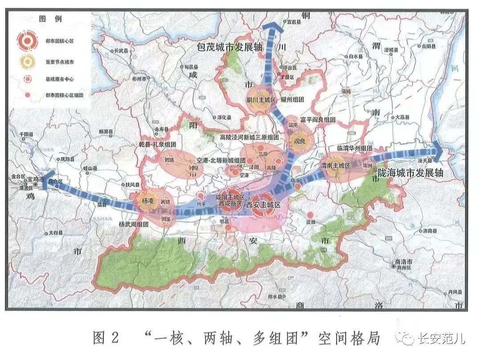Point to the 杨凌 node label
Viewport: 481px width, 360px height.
pos(147,201)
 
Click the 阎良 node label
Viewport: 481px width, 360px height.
pos(298,141)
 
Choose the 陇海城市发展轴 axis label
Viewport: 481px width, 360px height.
pos(410,173)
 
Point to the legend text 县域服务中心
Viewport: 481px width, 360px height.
pos(60,79)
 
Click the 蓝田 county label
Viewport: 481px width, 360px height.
pos(311,221)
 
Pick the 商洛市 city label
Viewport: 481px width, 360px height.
pos(404,261)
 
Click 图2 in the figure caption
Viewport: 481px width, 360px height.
pos(106,339)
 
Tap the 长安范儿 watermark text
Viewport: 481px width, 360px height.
pos(441,339)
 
